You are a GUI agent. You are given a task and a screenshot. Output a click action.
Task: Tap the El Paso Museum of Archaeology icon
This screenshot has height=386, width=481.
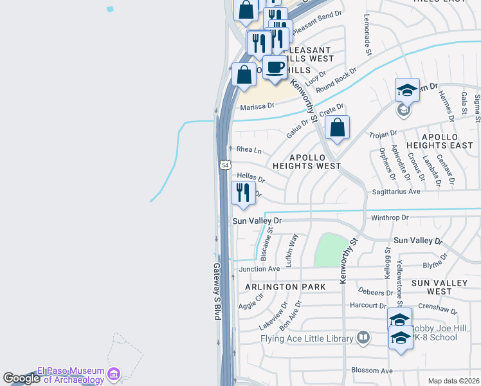(114, 373)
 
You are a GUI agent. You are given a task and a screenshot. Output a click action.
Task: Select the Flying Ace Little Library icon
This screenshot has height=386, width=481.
(363, 337)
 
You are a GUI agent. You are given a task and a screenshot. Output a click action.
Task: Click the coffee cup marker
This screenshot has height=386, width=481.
(275, 68)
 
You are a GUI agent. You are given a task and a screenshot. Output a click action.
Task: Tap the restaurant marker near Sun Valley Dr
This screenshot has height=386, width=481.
(243, 193)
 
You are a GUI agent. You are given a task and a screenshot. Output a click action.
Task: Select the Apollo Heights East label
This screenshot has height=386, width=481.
(449, 142)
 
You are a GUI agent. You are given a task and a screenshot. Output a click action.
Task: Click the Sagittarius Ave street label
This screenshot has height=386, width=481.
(395, 192)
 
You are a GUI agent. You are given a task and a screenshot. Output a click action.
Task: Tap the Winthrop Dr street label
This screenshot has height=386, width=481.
(390, 217)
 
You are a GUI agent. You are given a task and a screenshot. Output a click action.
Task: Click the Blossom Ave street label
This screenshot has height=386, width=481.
(372, 371)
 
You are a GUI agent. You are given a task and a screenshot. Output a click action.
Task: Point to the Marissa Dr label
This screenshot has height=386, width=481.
(257, 106)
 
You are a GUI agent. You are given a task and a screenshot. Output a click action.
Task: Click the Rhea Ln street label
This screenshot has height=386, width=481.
(249, 149)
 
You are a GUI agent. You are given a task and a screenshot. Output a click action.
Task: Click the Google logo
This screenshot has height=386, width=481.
(21, 378)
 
